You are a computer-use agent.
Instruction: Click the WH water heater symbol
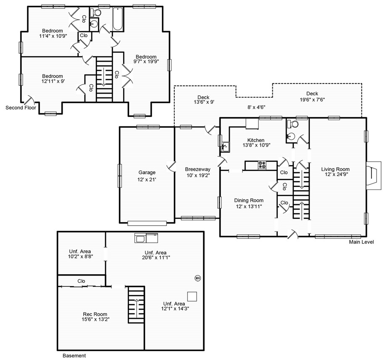[x=198, y=278]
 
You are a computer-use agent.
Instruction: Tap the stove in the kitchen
[x=262, y=165]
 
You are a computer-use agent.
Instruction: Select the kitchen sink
[x=225, y=147]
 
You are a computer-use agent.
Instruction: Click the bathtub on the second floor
[x=118, y=19]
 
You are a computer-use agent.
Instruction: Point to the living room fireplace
[x=374, y=175]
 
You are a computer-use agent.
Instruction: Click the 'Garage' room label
[x=147, y=172]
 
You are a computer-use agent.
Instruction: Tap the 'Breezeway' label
[x=198, y=169]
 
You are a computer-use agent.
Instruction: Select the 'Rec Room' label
[x=95, y=314]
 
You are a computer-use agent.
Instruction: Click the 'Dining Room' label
[x=249, y=200]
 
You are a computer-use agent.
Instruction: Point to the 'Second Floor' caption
[x=21, y=108]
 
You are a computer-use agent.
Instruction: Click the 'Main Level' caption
[x=361, y=242]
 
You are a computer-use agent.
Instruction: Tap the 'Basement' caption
[x=74, y=355]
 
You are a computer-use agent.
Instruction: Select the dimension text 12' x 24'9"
[x=335, y=174]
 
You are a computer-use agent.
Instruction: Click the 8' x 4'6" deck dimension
[x=256, y=107]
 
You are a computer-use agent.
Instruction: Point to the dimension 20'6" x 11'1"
[x=156, y=258]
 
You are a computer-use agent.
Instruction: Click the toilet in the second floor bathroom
[x=95, y=12]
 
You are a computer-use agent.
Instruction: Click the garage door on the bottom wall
[x=147, y=223]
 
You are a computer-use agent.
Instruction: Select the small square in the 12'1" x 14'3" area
[x=192, y=297]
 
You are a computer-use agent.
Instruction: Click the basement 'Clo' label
[x=81, y=281]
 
